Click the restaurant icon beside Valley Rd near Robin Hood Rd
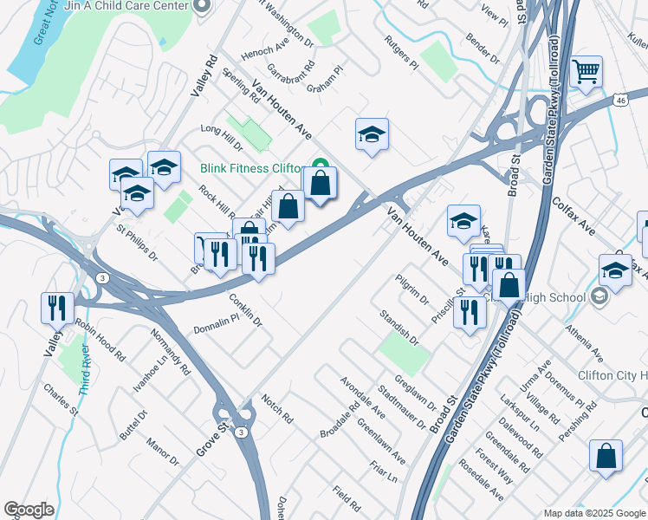coord(54,308)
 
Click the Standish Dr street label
coord(399,330)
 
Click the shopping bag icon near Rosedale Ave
coord(606,455)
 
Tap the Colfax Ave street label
coord(573,217)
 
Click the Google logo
coord(29,510)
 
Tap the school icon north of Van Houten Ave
coord(372,134)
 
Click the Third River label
coord(84,371)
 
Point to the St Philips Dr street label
coord(137,244)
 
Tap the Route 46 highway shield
coord(620,101)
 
